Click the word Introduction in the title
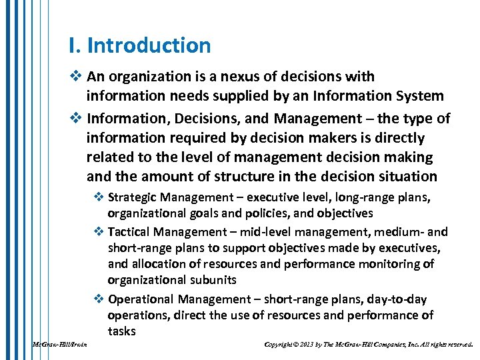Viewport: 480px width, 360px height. click(x=149, y=46)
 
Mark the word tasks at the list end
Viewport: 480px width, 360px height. click(x=121, y=331)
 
